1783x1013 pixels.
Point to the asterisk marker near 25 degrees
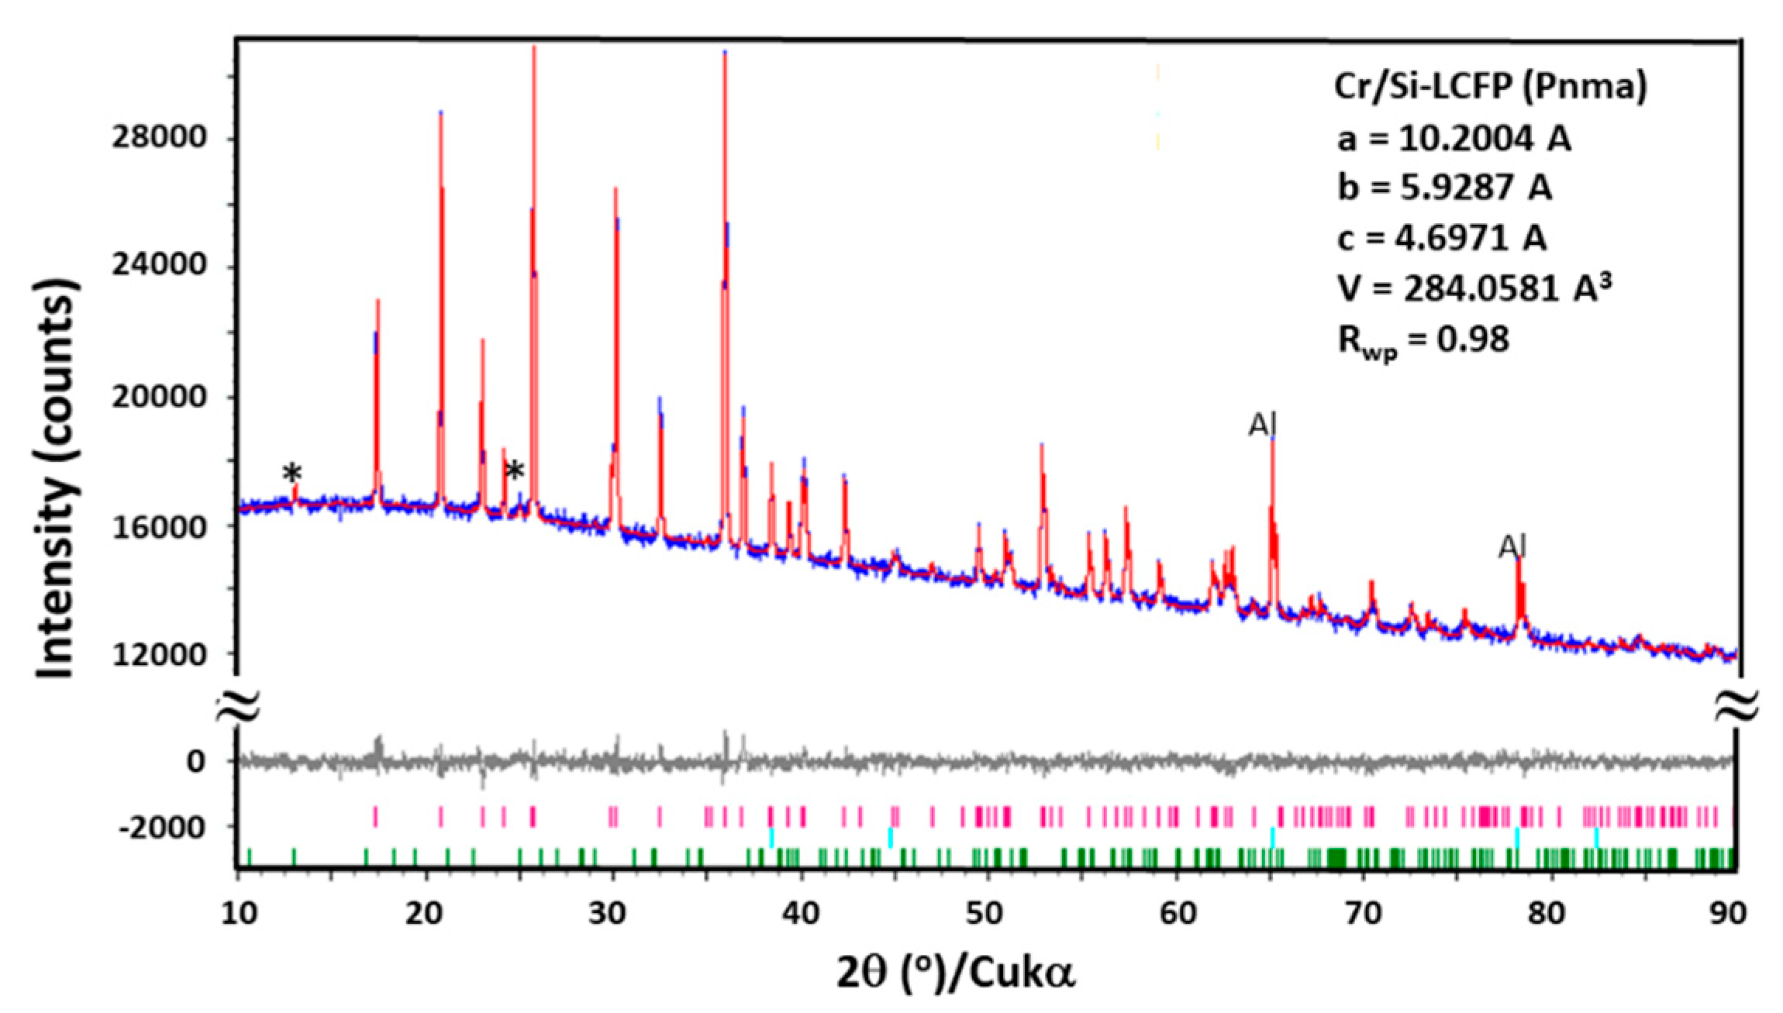(x=514, y=470)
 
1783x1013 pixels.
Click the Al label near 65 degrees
(x=1262, y=425)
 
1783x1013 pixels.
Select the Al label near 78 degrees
(x=1512, y=547)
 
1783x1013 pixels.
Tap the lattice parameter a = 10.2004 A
(x=1454, y=140)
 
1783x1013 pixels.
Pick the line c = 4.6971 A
(x=1442, y=238)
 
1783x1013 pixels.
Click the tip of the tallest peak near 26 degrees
(x=534, y=48)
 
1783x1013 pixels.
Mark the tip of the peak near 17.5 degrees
(x=378, y=301)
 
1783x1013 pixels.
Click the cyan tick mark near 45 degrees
(x=890, y=837)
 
